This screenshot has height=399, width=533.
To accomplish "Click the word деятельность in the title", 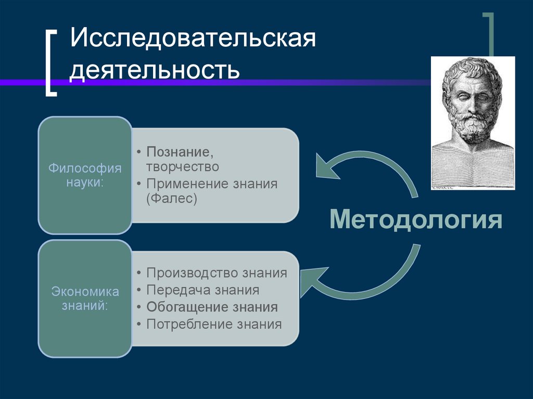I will click(155, 69).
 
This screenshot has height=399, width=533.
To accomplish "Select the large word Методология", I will click(416, 220).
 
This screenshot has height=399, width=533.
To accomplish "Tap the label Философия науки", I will click(85, 175).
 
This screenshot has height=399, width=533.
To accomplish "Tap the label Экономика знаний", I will click(85, 299).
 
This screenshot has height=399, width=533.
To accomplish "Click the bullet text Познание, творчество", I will click(182, 159).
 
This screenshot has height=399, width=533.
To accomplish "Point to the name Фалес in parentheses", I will click(172, 199).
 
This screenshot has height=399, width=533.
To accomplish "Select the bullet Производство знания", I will click(217, 273).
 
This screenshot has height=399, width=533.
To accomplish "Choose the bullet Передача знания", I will click(203, 290).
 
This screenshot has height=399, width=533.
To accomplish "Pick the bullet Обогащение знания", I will click(212, 307).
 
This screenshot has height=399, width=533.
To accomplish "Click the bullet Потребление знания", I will click(214, 324).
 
